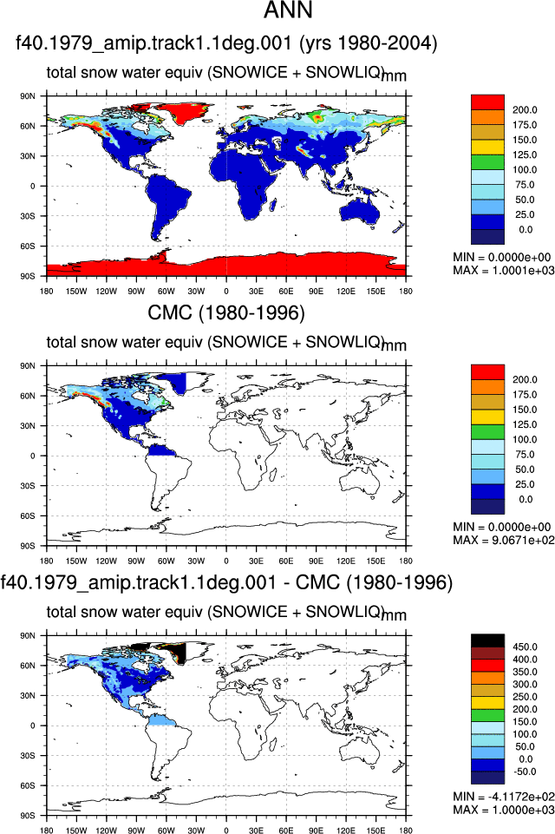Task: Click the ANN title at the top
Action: (288, 10)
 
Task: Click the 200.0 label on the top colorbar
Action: (525, 110)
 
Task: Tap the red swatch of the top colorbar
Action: (487, 102)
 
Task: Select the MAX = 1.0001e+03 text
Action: (504, 271)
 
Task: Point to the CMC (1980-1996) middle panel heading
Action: (226, 312)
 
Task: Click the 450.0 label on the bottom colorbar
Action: (525, 647)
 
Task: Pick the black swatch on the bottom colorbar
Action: (487, 640)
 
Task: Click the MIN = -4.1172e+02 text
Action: (504, 797)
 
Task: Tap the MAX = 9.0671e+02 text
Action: (504, 541)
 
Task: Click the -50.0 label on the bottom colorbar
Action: (524, 772)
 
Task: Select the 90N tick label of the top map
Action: (28, 96)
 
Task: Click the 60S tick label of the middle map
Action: (28, 516)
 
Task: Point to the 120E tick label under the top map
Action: (345, 292)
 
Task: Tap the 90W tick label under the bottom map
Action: (136, 831)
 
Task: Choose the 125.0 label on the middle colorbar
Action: (525, 424)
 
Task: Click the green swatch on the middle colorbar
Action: (487, 432)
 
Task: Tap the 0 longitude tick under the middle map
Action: (226, 561)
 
